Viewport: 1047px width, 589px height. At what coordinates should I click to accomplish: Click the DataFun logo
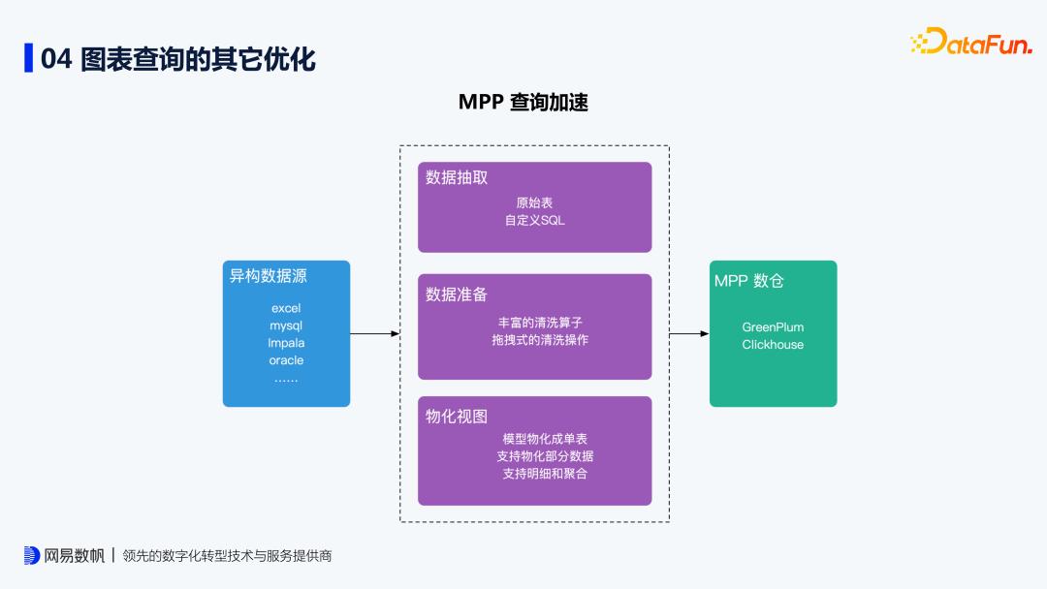pos(970,42)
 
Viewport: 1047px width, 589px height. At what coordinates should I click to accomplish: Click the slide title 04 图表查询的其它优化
pos(177,58)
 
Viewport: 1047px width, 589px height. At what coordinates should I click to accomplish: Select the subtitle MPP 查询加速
pos(523,103)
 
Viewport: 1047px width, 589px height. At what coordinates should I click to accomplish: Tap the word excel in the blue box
pos(286,308)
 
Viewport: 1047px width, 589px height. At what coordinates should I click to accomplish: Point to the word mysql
pos(286,325)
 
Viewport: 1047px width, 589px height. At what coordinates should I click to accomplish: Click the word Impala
pos(286,343)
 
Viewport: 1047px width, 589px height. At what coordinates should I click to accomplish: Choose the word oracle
pos(286,360)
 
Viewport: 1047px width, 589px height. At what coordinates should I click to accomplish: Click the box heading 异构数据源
pos(268,276)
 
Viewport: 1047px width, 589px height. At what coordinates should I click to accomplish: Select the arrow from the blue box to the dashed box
pos(374,333)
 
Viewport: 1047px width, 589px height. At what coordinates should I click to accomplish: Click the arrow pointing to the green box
pos(689,333)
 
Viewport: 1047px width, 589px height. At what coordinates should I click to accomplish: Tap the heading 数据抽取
pos(457,177)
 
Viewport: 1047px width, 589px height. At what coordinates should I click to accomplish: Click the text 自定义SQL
pos(534,220)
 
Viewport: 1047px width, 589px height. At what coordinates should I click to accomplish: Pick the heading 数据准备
pos(457,294)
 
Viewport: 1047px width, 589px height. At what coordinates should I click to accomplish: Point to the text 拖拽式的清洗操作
pos(540,340)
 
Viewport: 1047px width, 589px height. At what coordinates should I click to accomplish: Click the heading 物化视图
pos(457,417)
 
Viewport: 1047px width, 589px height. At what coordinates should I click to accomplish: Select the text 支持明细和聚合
pos(545,474)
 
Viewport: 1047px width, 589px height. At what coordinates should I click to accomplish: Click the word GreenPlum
pos(773,327)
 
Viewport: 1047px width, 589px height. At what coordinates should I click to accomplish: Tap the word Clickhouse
pos(773,345)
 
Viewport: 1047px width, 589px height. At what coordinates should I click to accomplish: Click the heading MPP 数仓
pos(749,281)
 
